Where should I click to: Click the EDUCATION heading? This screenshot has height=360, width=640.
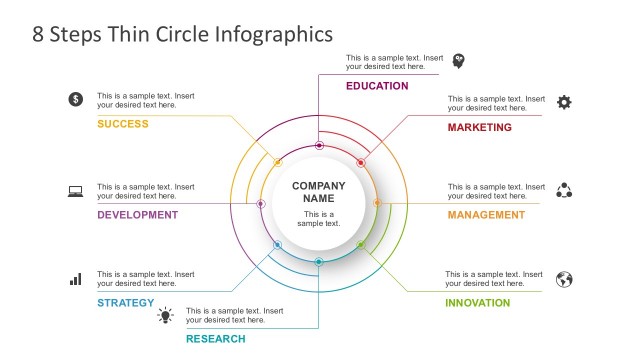click(377, 86)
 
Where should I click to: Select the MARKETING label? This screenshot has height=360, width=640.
click(479, 128)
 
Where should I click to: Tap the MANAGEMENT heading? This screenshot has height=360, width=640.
click(486, 215)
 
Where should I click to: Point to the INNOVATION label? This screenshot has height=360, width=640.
click(478, 303)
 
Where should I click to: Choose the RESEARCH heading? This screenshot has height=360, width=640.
click(215, 339)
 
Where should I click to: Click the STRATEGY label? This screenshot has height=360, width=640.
click(126, 303)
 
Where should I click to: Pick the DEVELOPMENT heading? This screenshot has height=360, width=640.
click(137, 215)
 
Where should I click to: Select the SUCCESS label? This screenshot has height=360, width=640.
click(123, 124)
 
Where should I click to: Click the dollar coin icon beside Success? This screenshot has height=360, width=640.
click(75, 99)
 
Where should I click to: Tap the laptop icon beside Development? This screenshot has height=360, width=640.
click(75, 191)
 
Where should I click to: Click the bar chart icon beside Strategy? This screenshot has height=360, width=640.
click(75, 279)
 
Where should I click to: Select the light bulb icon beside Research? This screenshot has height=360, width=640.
click(165, 316)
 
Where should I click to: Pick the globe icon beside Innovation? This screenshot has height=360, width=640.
click(564, 279)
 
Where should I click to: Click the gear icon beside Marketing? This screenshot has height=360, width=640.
click(564, 102)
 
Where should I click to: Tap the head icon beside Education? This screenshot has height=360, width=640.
click(459, 61)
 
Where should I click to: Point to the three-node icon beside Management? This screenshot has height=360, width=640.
click(564, 190)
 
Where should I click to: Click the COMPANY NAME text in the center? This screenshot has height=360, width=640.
click(318, 192)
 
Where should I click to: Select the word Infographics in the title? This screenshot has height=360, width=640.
click(272, 35)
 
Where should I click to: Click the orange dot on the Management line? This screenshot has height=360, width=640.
click(377, 203)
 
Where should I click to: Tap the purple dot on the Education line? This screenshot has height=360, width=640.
click(319, 145)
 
